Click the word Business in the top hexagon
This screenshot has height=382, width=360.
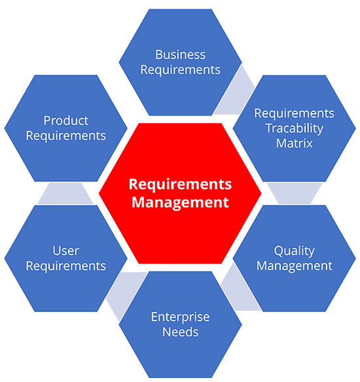coord(180,55)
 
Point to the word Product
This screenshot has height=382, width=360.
coord(65,121)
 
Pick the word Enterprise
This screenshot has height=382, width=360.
coord(180,317)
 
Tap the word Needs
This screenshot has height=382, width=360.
coord(180,332)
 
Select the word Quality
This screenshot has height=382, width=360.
coord(295,251)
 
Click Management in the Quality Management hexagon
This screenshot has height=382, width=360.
coord(295,266)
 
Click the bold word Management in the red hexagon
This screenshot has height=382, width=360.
coord(180,201)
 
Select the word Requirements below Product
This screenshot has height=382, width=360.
coord(65,136)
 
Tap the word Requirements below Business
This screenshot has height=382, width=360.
coord(180,69)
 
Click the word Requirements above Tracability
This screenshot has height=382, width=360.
coord(294,113)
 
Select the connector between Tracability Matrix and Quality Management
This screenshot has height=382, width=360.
coord(294,193)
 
